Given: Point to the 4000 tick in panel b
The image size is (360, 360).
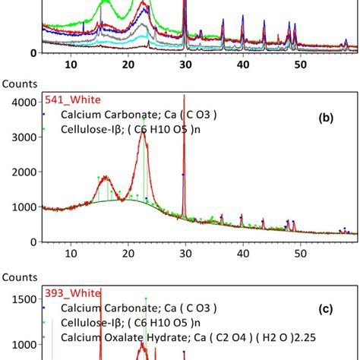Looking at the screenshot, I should pyautogui.click(x=24, y=102).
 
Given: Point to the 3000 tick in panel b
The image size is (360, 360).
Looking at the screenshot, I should pyautogui.click(x=24, y=137).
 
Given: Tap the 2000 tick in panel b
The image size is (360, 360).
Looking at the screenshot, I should pyautogui.click(x=24, y=172).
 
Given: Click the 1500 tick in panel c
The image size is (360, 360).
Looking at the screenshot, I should pyautogui.click(x=24, y=299).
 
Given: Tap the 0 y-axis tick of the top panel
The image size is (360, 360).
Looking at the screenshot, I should pyautogui.click(x=34, y=53).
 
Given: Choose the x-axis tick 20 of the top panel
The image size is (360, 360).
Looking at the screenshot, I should pyautogui.click(x=128, y=66).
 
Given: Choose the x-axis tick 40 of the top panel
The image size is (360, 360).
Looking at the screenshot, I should pyautogui.click(x=242, y=66).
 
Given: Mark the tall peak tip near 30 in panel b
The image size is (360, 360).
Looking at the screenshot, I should pyautogui.click(x=185, y=95).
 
